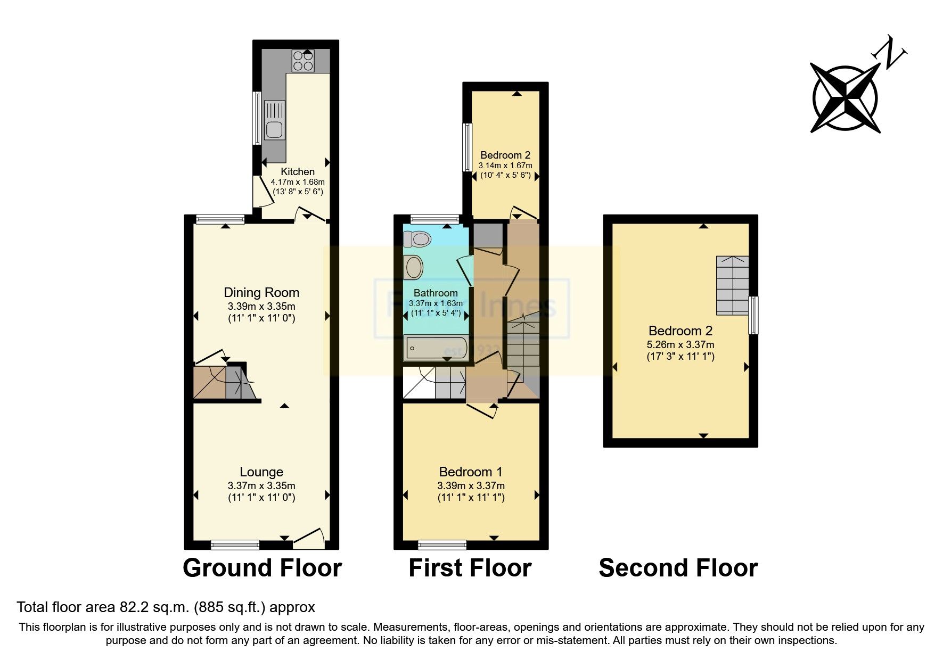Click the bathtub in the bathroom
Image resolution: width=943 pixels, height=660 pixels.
[x=436, y=349]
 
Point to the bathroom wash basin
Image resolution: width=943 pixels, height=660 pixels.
[x=414, y=267]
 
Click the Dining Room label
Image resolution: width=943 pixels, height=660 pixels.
[x=261, y=292]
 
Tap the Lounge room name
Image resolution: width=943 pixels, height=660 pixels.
[x=261, y=472]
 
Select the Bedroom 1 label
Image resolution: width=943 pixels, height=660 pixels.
[x=471, y=472]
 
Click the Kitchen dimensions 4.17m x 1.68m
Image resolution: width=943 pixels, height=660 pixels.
[x=298, y=182]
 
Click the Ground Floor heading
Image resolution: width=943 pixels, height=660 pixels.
[x=262, y=568]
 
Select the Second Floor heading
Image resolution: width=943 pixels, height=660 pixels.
[x=678, y=568]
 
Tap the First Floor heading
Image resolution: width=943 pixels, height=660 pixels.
[x=470, y=568]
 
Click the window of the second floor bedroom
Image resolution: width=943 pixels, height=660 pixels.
[x=753, y=315]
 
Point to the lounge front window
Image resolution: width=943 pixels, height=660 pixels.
[x=235, y=544]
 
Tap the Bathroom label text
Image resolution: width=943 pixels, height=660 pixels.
[x=436, y=293]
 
